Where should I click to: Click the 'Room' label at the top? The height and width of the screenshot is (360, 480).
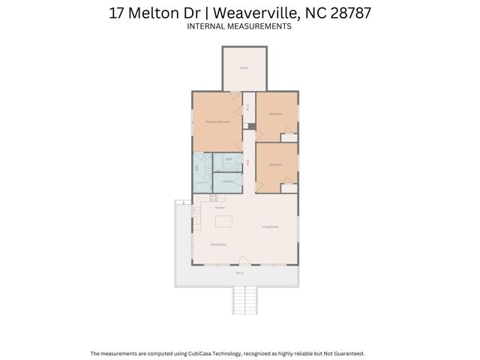244,67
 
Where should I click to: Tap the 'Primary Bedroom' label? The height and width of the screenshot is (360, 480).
217,121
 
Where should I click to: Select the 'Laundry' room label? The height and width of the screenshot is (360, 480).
226,181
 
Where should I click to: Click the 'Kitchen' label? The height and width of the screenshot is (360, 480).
220,207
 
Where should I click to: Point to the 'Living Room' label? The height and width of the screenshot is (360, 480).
271,226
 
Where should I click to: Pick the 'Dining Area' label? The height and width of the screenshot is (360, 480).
218,244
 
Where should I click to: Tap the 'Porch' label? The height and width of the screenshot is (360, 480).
239,273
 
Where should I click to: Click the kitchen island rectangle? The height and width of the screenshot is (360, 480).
223,221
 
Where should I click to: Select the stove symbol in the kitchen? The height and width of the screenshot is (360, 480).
213,198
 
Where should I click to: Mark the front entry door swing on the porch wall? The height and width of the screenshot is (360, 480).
244,260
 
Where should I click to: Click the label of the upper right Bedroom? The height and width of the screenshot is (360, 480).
275,114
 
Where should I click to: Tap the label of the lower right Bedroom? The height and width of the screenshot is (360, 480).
275,164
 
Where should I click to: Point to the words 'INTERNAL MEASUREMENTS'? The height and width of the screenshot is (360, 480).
239,26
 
